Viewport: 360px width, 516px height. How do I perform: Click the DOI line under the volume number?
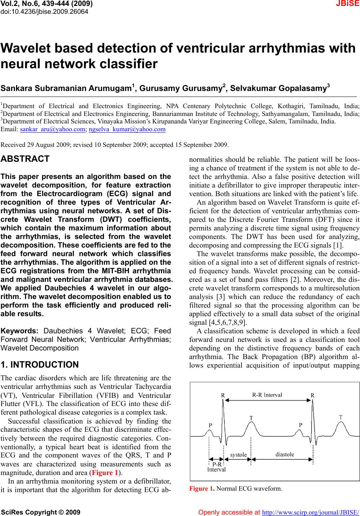[x=45, y=12]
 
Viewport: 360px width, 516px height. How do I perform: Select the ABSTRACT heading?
[x=25, y=159]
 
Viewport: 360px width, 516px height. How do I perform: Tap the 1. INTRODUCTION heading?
[x=40, y=365]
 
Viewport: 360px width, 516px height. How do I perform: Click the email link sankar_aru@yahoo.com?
[x=52, y=130]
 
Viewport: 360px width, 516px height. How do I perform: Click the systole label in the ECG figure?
[x=238, y=454]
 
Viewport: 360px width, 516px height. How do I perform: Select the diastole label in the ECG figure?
[x=285, y=454]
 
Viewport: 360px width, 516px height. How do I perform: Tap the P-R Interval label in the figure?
[x=217, y=467]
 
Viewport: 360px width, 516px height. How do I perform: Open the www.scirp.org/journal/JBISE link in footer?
[x=311, y=512]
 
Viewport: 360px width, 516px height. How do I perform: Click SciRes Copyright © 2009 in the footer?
[x=41, y=512]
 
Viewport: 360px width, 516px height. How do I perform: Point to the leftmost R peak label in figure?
[x=223, y=395]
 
